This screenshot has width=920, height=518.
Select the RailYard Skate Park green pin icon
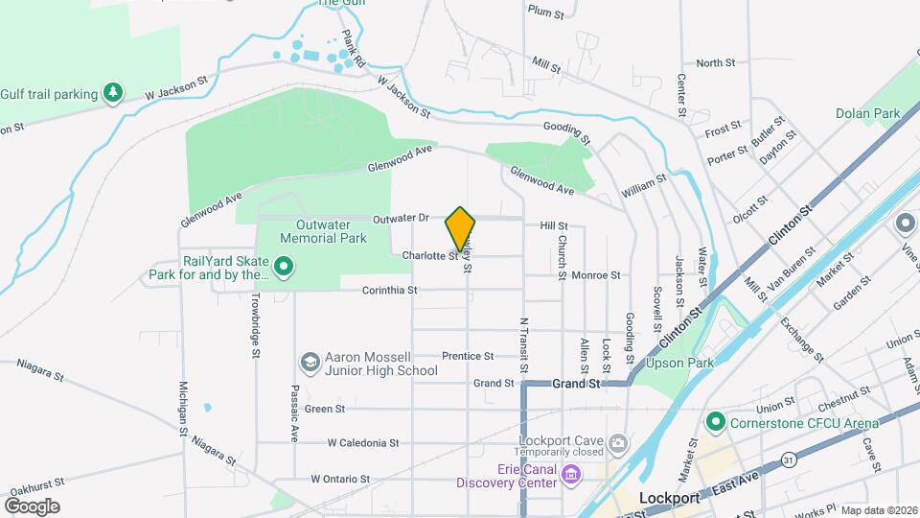click(284, 266)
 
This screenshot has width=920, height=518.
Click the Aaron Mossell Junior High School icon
click(310, 362)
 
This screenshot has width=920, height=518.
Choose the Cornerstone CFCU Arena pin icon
click(715, 421)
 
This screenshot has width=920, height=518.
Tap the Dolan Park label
click(867, 113)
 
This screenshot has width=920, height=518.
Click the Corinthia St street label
click(390, 290)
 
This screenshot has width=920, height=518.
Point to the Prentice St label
click(468, 356)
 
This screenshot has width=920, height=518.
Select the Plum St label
click(544, 12)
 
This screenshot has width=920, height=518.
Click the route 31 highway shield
click(788, 459)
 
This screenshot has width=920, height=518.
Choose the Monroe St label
click(595, 275)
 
